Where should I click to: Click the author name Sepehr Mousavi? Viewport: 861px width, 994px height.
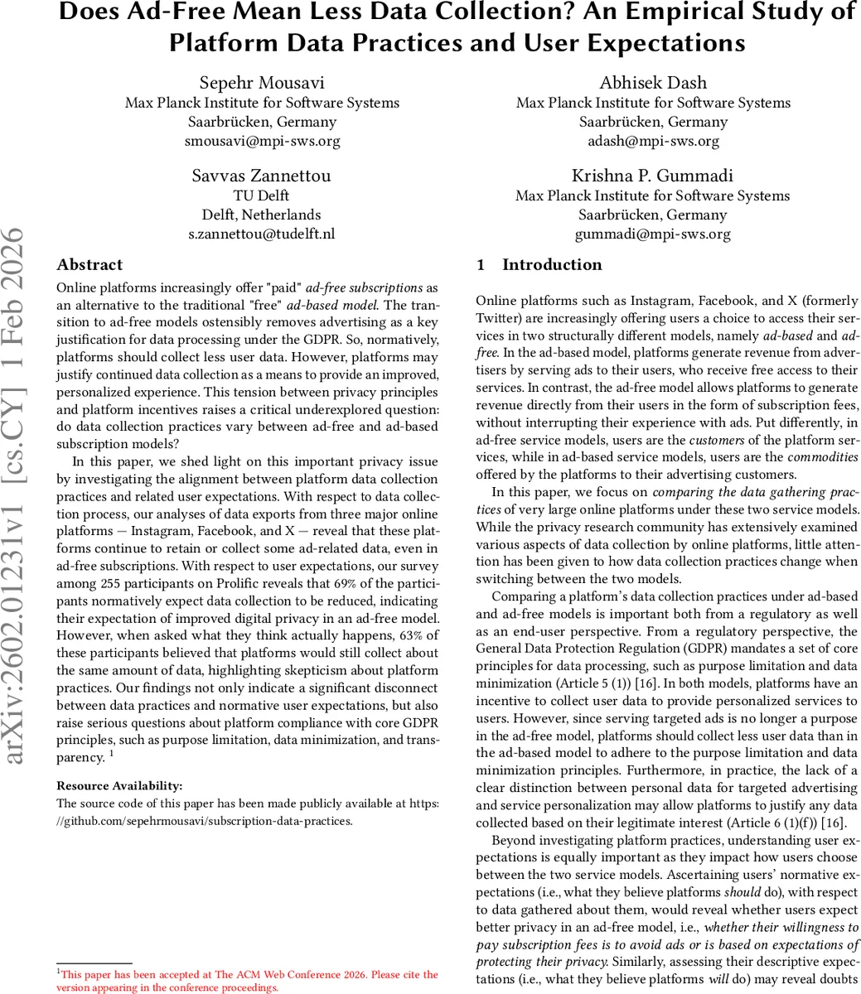[262, 83]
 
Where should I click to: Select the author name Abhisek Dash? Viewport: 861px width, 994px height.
[653, 83]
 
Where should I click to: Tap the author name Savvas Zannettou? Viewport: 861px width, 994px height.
[262, 176]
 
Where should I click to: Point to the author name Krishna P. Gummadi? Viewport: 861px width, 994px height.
[653, 176]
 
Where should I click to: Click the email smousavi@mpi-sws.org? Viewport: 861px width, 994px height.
[262, 141]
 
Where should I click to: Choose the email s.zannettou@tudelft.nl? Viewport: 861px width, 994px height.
[262, 234]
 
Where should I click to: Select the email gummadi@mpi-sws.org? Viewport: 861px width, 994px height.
[653, 234]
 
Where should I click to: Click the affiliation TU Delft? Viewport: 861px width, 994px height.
[262, 195]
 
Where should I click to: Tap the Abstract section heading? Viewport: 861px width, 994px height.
[89, 265]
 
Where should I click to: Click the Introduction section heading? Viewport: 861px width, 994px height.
[552, 265]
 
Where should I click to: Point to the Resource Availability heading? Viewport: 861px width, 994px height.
[119, 785]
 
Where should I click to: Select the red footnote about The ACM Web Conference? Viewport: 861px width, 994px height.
[249, 981]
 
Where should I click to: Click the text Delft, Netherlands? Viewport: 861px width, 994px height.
[262, 215]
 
